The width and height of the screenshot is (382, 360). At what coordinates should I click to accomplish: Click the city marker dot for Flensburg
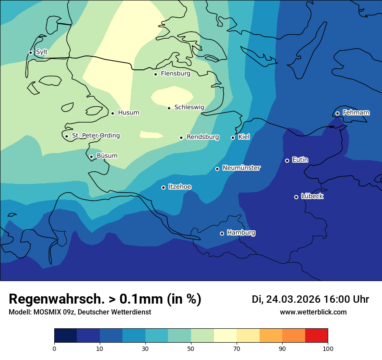155,74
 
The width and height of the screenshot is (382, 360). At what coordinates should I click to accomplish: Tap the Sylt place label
42,52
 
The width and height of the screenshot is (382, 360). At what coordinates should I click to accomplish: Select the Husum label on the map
128,113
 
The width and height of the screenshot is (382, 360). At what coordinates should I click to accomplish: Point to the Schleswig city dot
169,108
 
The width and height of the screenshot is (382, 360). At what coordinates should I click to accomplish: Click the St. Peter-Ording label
95,136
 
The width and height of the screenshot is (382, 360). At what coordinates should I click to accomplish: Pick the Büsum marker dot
91,157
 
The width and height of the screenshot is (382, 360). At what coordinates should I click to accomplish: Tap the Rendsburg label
203,137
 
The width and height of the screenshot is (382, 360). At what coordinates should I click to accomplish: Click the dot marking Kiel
233,137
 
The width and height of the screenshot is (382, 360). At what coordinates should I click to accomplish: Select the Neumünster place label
241,168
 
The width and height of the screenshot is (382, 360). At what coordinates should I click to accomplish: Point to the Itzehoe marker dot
163,187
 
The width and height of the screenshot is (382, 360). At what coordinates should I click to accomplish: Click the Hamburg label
241,233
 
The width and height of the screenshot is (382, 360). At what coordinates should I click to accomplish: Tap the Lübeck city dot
296,197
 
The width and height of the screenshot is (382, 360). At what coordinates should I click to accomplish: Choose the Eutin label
300,160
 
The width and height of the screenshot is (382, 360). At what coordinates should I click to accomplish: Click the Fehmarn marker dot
337,114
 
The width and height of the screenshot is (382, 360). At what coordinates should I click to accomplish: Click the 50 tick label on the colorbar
191,349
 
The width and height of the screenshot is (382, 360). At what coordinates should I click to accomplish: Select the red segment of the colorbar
316,336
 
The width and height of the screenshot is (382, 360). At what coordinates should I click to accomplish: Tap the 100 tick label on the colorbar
328,349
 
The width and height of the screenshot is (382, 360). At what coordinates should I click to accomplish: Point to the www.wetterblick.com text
313,312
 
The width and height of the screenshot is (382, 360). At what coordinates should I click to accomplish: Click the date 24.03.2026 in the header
293,299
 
